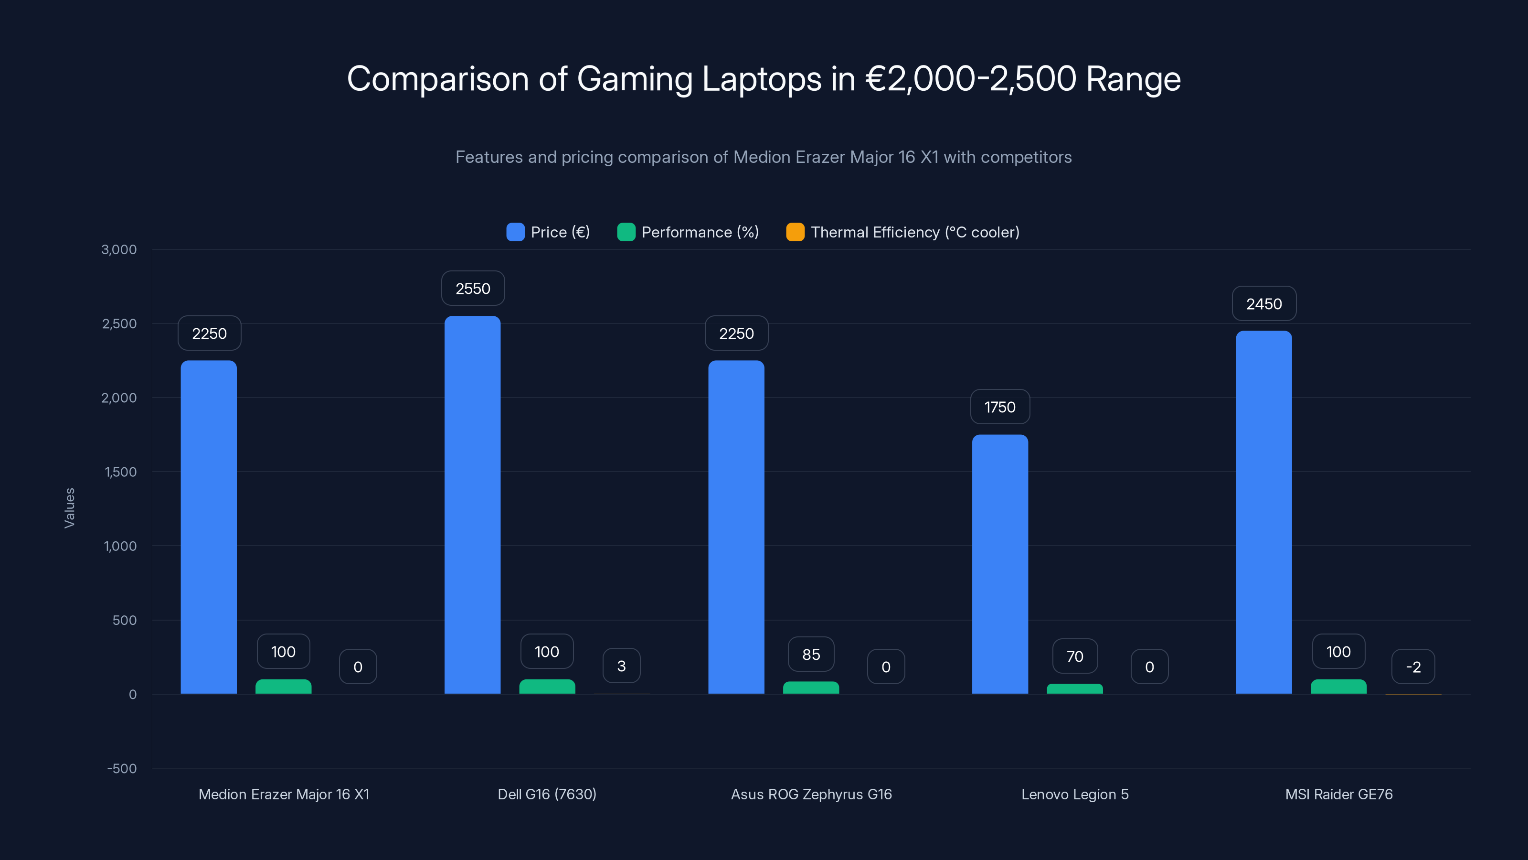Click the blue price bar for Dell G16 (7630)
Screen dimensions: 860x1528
coord(472,505)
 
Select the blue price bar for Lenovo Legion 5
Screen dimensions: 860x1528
coord(999,564)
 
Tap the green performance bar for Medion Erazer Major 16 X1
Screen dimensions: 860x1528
coord(283,687)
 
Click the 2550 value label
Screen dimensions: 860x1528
coord(473,289)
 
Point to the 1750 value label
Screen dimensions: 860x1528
coord(999,407)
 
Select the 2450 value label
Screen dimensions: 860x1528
coord(1263,304)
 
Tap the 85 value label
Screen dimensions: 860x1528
coord(811,654)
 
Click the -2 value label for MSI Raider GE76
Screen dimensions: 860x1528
coord(1413,667)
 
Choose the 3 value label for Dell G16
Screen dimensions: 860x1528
coord(621,666)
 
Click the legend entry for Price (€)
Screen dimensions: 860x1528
coord(548,232)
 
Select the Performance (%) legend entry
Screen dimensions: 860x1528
coord(688,232)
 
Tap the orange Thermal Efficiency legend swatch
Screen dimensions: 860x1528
coord(795,232)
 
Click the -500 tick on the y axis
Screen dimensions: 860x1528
coord(122,769)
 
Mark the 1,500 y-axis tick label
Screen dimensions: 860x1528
coord(120,472)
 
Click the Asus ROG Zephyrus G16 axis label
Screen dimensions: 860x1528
coord(811,794)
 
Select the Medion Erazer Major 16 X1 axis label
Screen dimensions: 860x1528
coord(284,794)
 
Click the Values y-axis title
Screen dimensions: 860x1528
coord(69,508)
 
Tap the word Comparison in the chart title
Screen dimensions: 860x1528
coord(437,79)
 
